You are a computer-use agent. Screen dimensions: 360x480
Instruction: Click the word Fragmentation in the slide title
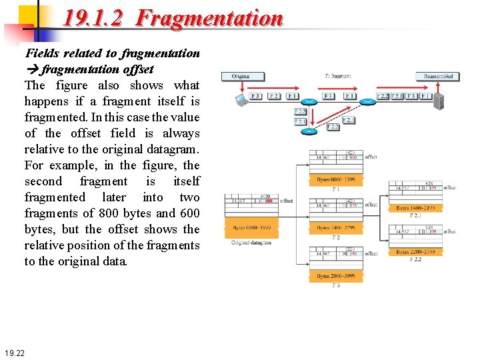(x=209, y=18)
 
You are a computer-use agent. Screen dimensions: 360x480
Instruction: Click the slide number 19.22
(x=14, y=352)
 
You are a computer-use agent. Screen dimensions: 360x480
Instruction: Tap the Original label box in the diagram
(x=241, y=76)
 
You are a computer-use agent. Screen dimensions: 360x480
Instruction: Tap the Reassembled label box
(x=438, y=76)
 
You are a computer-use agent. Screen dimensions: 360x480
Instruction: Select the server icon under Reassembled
(x=439, y=101)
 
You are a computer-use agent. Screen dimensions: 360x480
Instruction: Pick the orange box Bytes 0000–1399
(x=336, y=180)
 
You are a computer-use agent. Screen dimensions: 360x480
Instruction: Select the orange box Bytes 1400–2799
(x=336, y=228)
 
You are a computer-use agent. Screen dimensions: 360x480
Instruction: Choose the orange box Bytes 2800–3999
(x=336, y=276)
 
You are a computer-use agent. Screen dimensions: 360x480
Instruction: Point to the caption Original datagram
(x=251, y=242)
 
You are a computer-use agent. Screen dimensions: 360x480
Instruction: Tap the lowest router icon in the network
(x=308, y=131)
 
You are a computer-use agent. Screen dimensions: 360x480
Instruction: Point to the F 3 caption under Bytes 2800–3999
(x=336, y=285)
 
